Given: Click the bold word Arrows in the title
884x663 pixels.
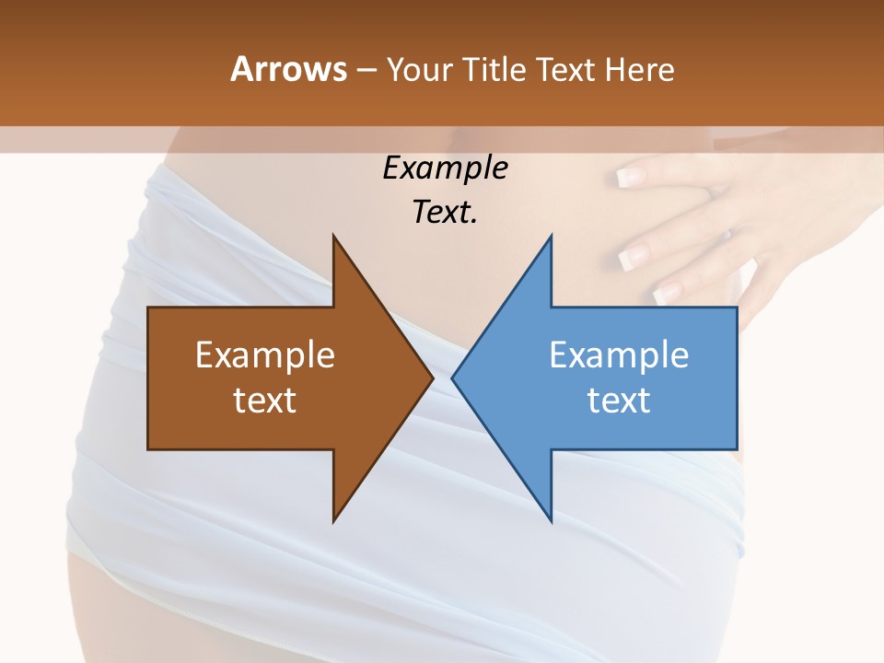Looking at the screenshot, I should click(288, 69).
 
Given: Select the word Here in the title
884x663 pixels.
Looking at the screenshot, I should click(639, 69).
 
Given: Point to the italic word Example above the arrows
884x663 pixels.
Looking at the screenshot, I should click(445, 168).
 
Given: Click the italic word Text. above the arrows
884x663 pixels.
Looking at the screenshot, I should click(445, 212).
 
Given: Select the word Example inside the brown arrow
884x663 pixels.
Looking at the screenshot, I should click(265, 355).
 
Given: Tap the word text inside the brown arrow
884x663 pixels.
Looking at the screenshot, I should click(265, 400).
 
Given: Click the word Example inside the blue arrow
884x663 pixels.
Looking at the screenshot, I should click(619, 355).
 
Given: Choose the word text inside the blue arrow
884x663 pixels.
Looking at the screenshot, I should click(619, 400).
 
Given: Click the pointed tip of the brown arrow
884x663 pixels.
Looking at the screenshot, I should click(432, 378).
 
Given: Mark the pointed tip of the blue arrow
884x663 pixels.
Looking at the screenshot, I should click(453, 378).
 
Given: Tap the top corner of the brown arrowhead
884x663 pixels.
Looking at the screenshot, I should click(333, 237).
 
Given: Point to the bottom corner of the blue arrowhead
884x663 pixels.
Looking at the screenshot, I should click(551, 521).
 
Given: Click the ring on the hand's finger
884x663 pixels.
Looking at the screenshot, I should click(727, 234).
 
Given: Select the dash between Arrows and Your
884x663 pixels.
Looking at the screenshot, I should click(366, 70).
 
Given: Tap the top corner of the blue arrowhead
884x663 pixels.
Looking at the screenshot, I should click(551, 237).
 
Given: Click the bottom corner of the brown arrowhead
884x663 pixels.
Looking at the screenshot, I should click(333, 521).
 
